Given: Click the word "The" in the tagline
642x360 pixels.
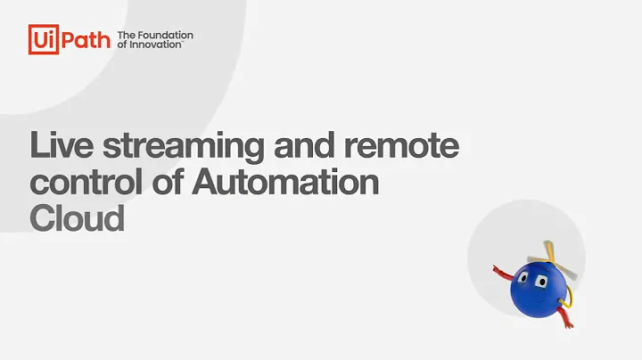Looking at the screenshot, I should click(x=127, y=36).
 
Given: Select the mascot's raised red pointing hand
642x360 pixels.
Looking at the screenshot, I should click(x=497, y=267).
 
